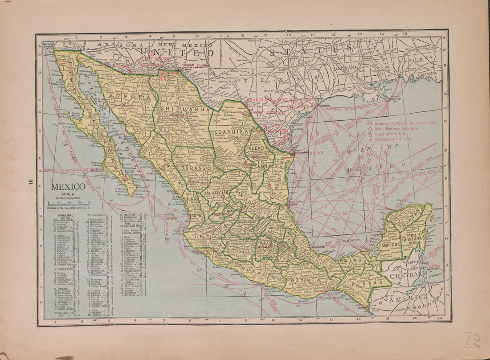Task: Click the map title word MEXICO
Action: pyautogui.click(x=68, y=187)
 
